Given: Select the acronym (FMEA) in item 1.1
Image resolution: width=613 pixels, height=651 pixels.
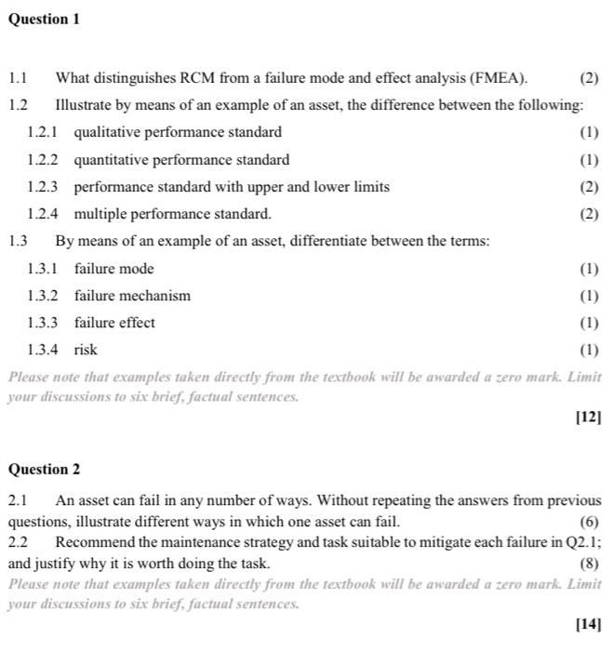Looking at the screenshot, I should tap(499, 77).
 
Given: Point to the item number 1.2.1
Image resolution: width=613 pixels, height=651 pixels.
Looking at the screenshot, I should tap(43, 132).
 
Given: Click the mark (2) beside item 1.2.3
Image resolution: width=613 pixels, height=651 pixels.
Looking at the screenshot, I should tap(589, 187).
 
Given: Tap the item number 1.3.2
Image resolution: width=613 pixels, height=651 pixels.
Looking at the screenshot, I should tap(43, 296).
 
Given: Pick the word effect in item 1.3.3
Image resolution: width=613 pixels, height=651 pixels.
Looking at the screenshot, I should tap(136, 323).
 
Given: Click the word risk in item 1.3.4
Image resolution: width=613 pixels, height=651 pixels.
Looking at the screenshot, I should tap(86, 350).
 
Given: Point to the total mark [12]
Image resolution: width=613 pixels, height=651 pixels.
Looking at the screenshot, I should tap(588, 418).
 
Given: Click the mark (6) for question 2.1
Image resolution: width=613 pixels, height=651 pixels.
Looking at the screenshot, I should tap(590, 522).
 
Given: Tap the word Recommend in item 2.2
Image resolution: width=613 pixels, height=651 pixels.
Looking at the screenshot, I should tap(90, 542).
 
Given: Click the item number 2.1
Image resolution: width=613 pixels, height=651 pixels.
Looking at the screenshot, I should tap(18, 501).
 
